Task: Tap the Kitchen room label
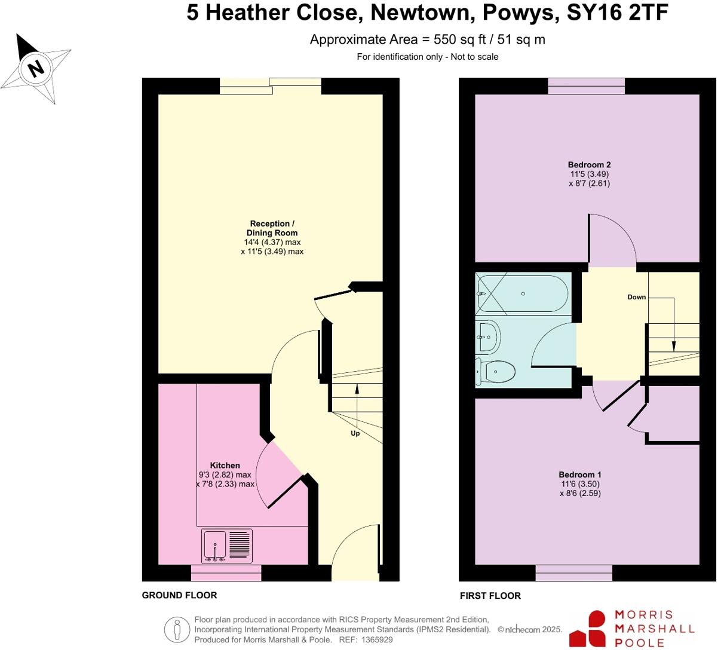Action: click(225, 465)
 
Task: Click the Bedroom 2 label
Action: click(589, 164)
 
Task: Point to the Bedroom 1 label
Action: click(580, 475)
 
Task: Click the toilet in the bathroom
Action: click(496, 372)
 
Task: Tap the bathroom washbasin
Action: click(488, 337)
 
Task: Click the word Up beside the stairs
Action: click(355, 433)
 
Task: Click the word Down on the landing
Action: click(636, 297)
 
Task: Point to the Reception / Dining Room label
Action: click(272, 228)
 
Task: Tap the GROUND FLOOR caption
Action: click(179, 595)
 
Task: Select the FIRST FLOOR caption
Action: click(490, 596)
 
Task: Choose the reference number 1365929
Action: click(375, 639)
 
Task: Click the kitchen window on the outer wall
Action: click(226, 574)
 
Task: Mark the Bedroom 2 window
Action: click(586, 87)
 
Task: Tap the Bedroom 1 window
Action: click(573, 573)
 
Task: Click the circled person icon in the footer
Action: click(177, 629)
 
